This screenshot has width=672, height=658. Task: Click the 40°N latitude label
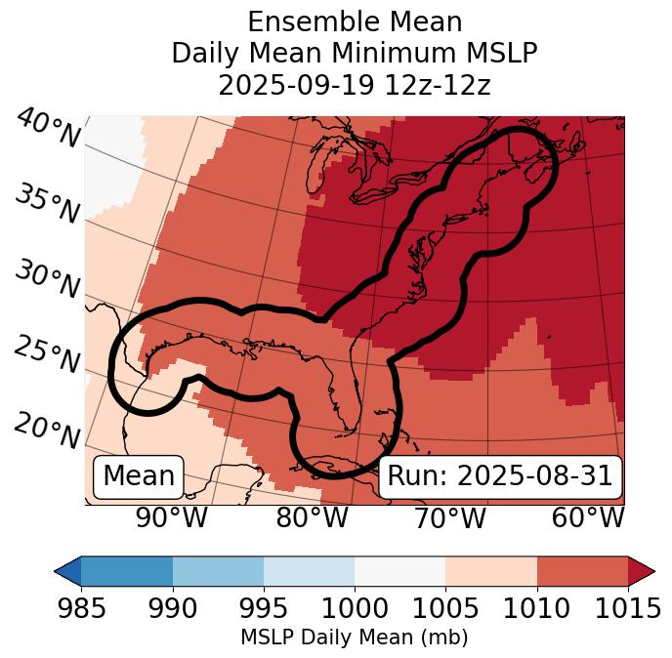click(x=47, y=129)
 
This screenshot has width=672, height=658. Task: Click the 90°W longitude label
click(x=172, y=518)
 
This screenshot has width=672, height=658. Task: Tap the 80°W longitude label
click(x=312, y=518)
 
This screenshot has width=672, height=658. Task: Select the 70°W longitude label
click(x=449, y=518)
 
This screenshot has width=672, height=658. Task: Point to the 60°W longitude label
click(x=588, y=518)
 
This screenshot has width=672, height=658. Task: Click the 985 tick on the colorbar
click(x=81, y=609)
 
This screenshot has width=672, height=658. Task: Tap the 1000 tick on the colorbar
click(x=355, y=609)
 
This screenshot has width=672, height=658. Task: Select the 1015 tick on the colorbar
click(x=627, y=609)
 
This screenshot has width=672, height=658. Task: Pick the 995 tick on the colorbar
click(x=264, y=609)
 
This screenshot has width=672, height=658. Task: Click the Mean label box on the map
click(x=139, y=476)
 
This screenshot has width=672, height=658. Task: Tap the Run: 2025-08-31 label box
click(x=500, y=476)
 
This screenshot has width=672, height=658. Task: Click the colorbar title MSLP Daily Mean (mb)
click(x=355, y=638)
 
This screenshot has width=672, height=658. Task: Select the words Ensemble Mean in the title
click(x=355, y=21)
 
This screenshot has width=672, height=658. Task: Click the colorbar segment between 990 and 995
click(x=218, y=570)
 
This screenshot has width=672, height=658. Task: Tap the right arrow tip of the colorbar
click(x=651, y=570)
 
